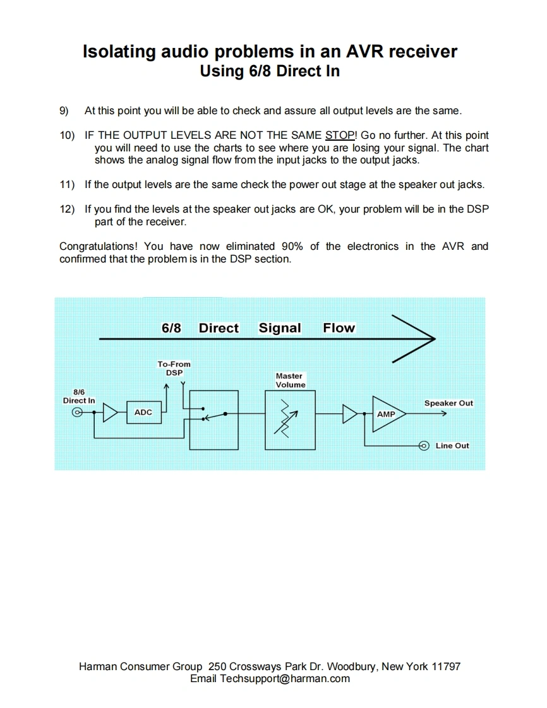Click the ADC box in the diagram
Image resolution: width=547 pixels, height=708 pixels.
(143, 413)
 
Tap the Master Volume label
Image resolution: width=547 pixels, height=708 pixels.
(291, 380)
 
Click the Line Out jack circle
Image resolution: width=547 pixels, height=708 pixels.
(424, 445)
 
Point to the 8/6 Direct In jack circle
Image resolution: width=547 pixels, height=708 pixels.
(78, 413)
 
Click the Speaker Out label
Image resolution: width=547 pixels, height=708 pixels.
(448, 403)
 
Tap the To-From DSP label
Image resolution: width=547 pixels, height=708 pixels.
(174, 368)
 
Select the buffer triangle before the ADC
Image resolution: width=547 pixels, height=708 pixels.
(110, 413)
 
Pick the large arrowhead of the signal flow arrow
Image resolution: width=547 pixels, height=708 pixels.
(414, 339)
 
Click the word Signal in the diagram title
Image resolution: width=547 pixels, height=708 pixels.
(280, 328)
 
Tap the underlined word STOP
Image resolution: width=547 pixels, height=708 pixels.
(340, 136)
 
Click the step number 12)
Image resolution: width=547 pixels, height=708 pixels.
(67, 209)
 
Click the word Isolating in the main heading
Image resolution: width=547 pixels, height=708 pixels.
(120, 52)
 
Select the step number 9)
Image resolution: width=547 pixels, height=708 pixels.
(64, 111)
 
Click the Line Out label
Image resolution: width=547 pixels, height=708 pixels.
(452, 445)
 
